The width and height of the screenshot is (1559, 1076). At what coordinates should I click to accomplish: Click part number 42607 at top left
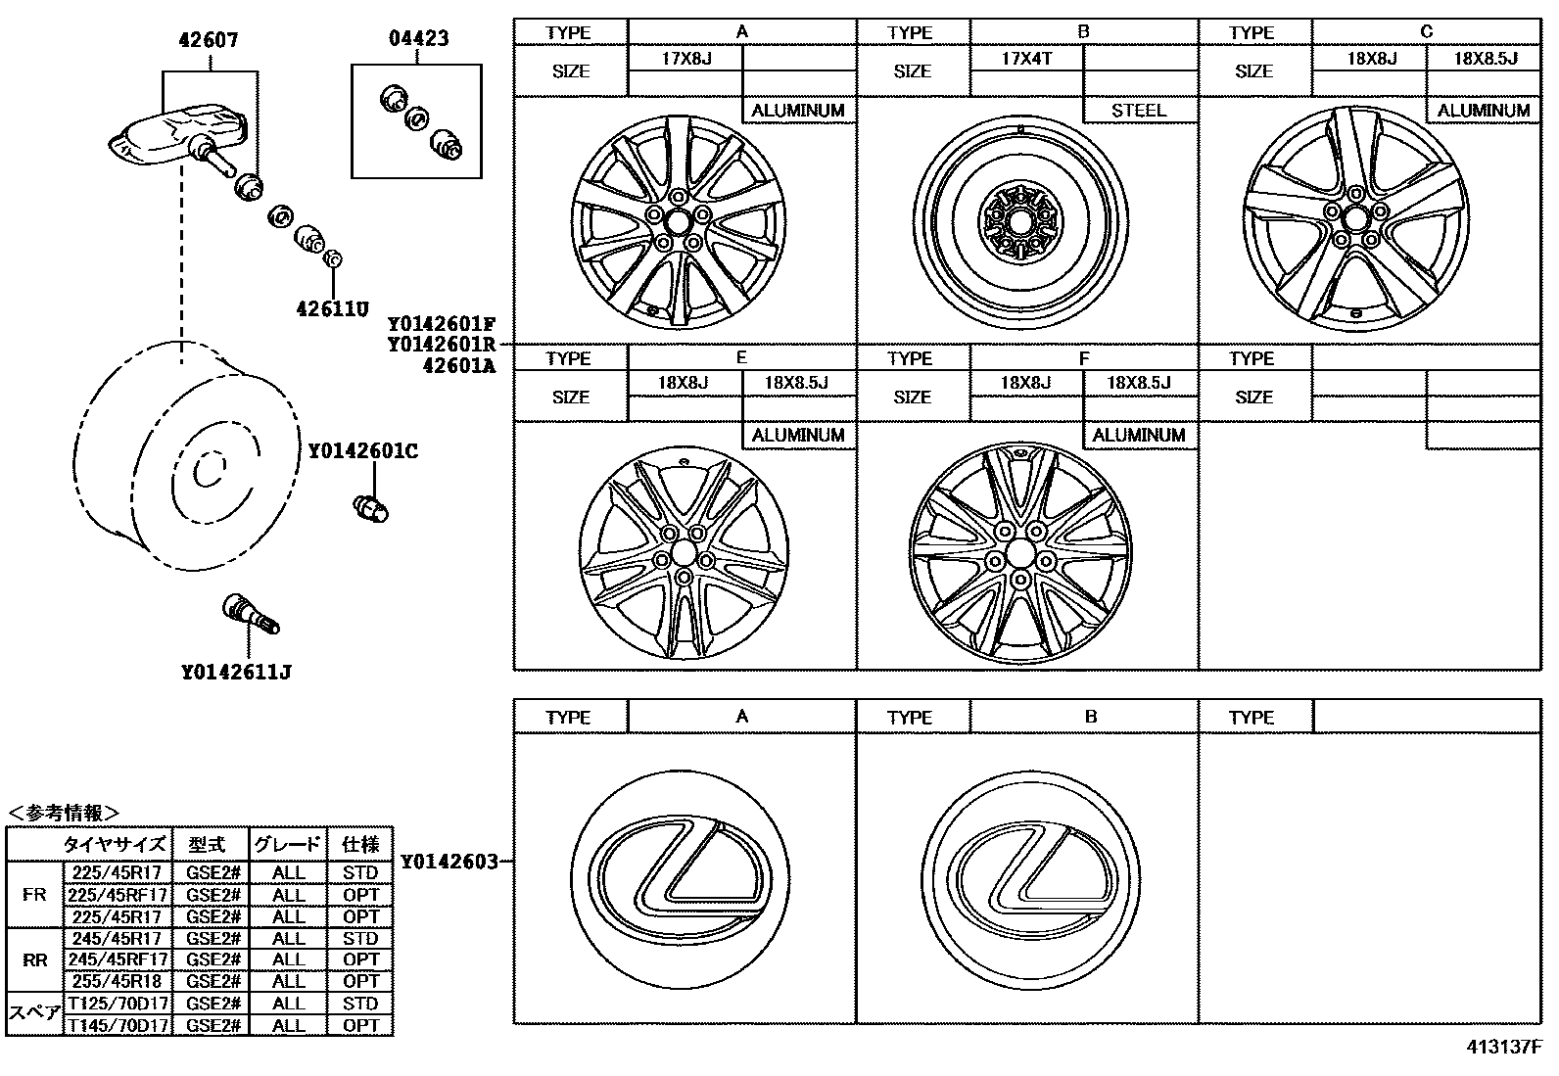pyautogui.click(x=208, y=40)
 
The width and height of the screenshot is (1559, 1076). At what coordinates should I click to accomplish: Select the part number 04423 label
pyautogui.click(x=418, y=39)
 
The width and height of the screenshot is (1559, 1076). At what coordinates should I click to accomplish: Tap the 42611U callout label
pyautogui.click(x=332, y=309)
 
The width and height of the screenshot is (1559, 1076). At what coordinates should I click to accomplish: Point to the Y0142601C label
pyautogui.click(x=362, y=451)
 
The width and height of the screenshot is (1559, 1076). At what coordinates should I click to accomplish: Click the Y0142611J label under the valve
pyautogui.click(x=236, y=672)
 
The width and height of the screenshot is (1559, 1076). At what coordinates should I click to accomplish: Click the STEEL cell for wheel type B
pyautogui.click(x=1139, y=111)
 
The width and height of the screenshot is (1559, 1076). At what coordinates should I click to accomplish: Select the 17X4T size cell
pyautogui.click(x=1026, y=59)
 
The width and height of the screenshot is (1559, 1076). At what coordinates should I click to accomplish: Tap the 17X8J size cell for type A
pyautogui.click(x=685, y=59)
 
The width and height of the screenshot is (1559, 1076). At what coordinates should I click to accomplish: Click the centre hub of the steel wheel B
pyautogui.click(x=1018, y=224)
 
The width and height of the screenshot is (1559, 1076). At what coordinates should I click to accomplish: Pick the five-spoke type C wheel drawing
pyautogui.click(x=1355, y=217)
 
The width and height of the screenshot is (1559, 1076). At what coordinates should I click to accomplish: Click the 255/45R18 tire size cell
pyautogui.click(x=118, y=981)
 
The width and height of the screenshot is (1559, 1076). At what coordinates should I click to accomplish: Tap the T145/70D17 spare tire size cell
pyautogui.click(x=118, y=1025)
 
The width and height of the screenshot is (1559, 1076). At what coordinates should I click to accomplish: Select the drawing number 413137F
pyautogui.click(x=1504, y=1047)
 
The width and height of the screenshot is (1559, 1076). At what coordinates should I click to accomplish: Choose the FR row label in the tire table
pyautogui.click(x=34, y=894)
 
